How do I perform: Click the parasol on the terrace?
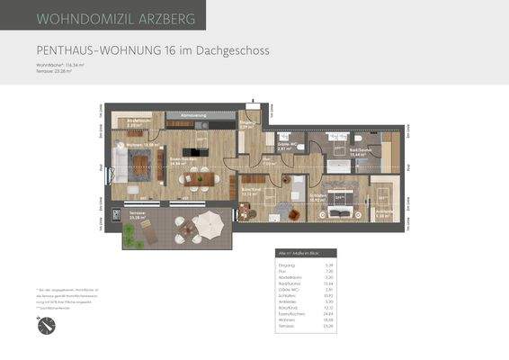click(x=208, y=220)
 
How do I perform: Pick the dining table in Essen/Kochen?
click(x=197, y=179)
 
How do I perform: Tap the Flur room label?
click(x=268, y=162)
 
